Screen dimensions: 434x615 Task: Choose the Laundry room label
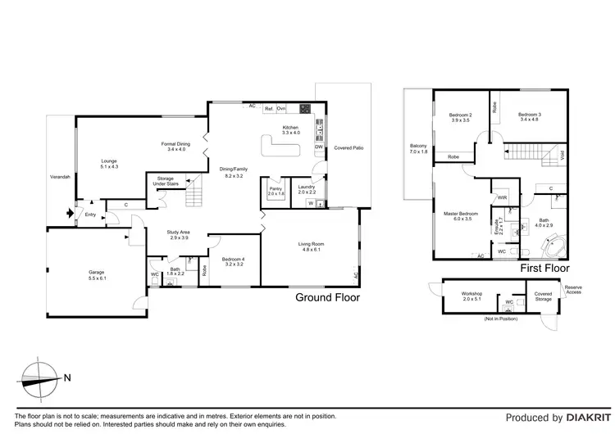coord(306,189)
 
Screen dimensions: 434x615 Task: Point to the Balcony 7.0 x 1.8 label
coord(419,150)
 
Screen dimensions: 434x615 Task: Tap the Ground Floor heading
coord(326,298)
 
